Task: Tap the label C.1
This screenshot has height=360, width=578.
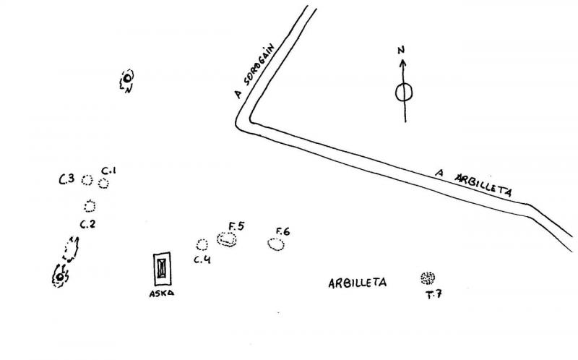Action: [x=109, y=171]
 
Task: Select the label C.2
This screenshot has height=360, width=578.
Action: [x=88, y=223]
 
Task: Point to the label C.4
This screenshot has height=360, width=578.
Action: [x=202, y=260]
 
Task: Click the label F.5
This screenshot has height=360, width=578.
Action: [x=236, y=226]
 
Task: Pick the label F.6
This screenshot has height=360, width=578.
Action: [x=282, y=231]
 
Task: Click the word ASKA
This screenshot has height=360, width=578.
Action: [x=162, y=293]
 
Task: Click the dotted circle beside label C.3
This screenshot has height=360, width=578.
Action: [x=87, y=179]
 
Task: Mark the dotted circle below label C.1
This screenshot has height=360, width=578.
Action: [x=104, y=184]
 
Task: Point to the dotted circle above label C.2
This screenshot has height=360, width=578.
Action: [x=90, y=206]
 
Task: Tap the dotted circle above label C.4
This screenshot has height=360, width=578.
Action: [x=202, y=244]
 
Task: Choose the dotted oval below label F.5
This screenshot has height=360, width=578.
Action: [x=228, y=240]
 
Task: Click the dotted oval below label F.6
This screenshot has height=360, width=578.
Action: [x=276, y=245]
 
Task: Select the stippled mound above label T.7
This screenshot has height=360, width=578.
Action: [x=428, y=278]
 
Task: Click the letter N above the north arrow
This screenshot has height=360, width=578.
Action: [x=402, y=51]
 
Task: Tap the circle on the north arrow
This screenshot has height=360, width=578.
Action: [x=404, y=93]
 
